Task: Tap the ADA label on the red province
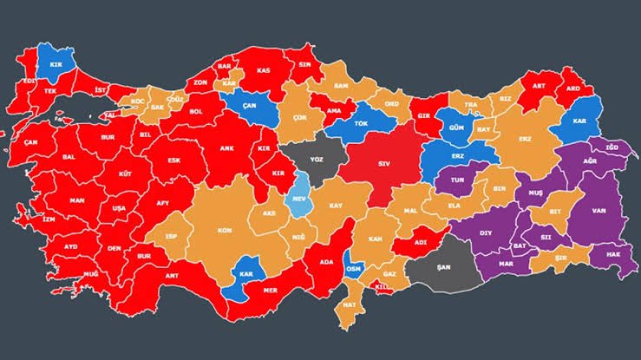point(326,261)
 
